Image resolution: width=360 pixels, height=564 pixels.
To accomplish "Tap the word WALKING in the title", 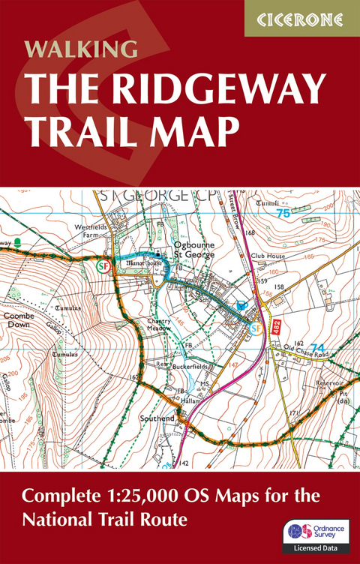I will (81, 50).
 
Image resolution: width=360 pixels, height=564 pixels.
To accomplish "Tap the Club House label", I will (267, 255).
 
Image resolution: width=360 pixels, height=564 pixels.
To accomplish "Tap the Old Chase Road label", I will (307, 349).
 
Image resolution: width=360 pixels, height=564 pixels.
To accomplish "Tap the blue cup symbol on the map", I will (241, 306).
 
